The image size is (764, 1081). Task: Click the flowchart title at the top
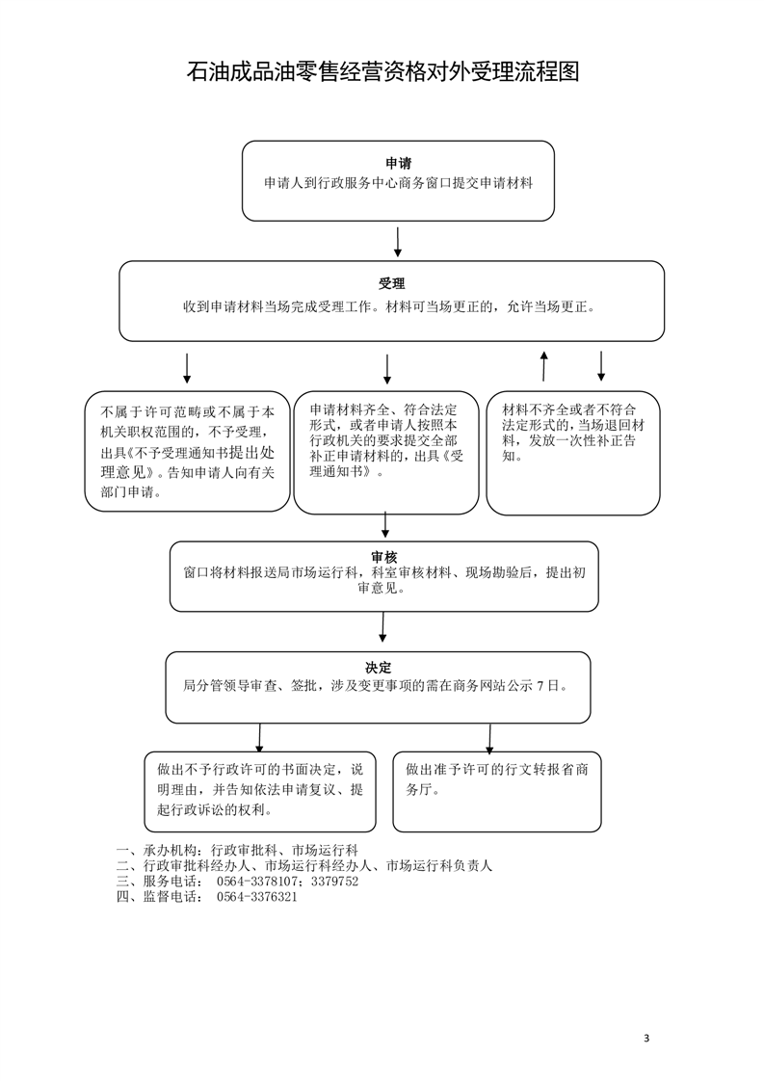coord(382,71)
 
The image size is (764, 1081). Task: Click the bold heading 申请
coord(398,164)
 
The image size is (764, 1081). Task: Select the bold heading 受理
coord(392,283)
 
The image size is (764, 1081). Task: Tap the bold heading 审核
coord(384,556)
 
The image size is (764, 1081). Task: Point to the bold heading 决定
coord(378,667)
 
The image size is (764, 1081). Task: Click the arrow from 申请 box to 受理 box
coord(398,242)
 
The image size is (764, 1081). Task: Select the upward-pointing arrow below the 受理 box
coord(544,366)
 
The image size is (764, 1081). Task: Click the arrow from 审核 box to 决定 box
coord(382,627)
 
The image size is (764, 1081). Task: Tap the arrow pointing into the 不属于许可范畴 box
coord(187,369)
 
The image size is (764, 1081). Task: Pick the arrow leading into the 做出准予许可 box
coord(489,739)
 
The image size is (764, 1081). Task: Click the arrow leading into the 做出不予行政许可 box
coord(259,739)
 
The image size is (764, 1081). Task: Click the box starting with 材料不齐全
coord(573,453)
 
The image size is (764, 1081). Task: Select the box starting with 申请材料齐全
coord(386,452)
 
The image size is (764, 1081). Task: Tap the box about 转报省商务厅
coord(497,791)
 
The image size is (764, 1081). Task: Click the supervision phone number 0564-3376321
coord(256,897)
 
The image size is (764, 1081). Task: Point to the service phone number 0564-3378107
coord(256,881)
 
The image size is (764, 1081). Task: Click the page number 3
coord(646,1039)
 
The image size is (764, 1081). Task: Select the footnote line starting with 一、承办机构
coord(237,851)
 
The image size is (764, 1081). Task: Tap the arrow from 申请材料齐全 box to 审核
coord(385,525)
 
